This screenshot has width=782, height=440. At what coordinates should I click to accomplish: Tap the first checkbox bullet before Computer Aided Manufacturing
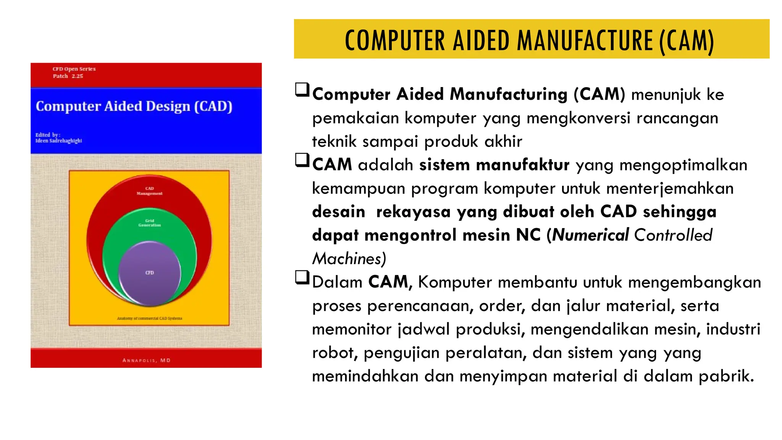(302, 90)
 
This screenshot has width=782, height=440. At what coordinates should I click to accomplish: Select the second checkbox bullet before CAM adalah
(302, 160)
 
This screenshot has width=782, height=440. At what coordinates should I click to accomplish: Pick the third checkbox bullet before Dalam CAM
(302, 278)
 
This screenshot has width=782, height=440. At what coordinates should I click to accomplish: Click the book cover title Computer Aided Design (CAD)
(134, 106)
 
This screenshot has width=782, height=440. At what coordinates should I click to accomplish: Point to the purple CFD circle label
(150, 273)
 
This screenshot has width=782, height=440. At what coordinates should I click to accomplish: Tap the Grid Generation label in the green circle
(150, 223)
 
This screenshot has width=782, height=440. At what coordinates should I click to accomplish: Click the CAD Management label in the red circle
(150, 191)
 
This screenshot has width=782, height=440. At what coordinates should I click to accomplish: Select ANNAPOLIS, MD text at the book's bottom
(147, 360)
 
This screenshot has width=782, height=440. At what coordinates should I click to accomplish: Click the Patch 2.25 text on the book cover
(68, 76)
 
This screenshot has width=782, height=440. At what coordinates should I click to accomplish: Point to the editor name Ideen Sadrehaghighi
(59, 141)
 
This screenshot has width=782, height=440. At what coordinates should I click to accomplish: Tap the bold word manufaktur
(523, 165)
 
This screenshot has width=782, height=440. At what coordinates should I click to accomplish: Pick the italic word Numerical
(590, 235)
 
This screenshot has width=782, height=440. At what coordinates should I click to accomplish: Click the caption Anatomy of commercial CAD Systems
(150, 318)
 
